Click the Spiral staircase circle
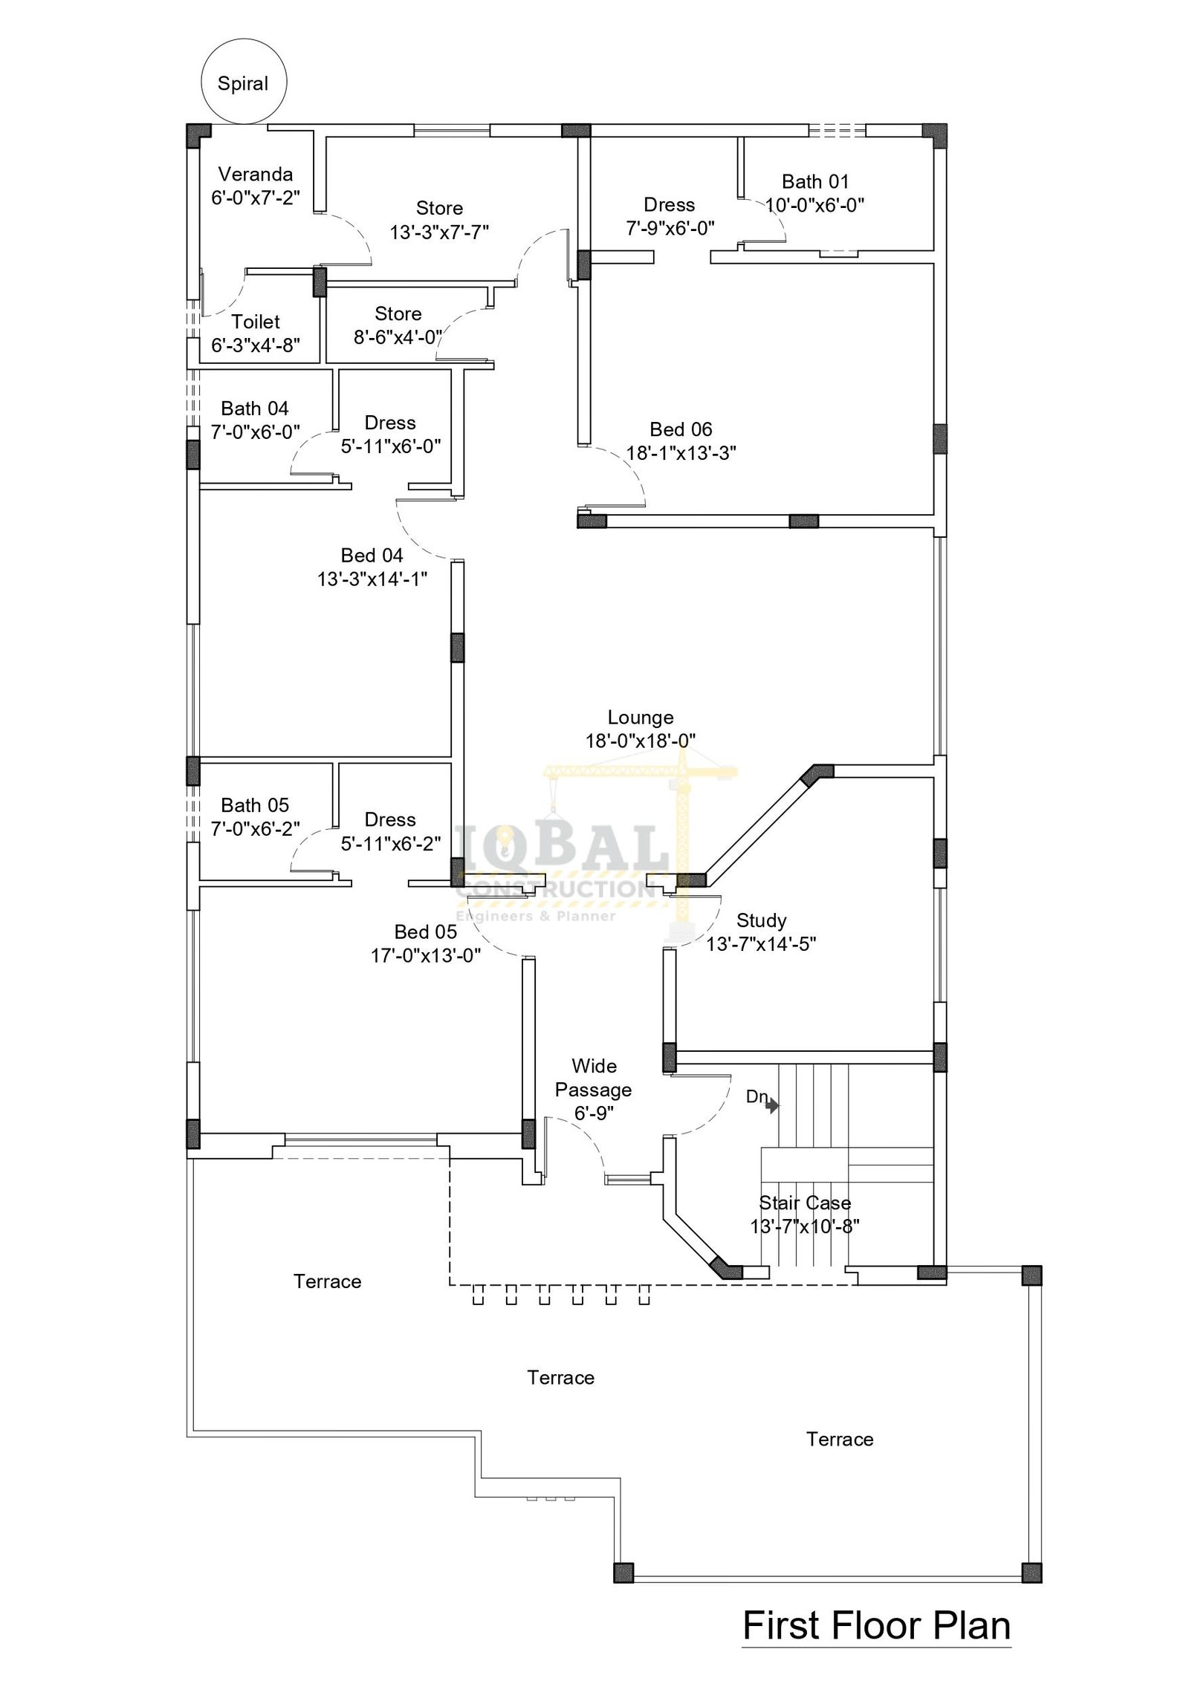[244, 40]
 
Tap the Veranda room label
[255, 175]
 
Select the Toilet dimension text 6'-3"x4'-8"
[256, 345]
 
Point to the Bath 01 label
[815, 181]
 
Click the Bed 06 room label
[681, 429]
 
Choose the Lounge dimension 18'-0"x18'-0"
[641, 741]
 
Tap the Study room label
[761, 921]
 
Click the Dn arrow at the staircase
[772, 1106]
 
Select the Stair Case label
[805, 1203]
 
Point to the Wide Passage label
[594, 1078]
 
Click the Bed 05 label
[425, 932]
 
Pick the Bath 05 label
[255, 805]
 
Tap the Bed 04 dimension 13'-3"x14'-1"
[372, 579]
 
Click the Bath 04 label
[255, 409]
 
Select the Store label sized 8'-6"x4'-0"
[398, 314]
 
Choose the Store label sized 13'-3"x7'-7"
[439, 209]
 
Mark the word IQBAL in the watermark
[563, 848]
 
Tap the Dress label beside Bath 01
[669, 205]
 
